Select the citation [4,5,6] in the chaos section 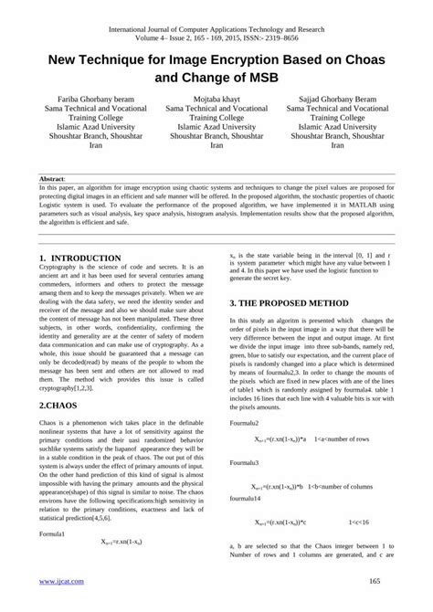point(142,517)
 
